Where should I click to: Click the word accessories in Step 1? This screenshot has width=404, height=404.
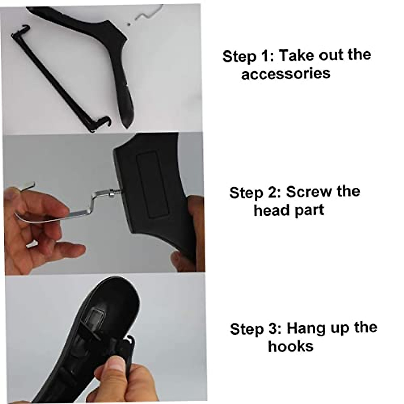pos(285,73)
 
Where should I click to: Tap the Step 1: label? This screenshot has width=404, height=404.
pos(248,56)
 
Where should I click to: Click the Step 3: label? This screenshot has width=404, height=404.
pos(256,329)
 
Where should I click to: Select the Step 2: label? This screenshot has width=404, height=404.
pos(255,193)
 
